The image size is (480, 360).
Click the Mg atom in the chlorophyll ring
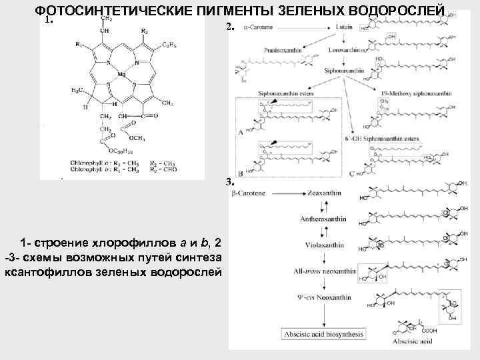pos(121,74)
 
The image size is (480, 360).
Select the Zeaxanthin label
pos(323,193)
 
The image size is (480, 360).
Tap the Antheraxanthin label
pos(323,218)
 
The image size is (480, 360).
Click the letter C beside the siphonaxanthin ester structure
pos(351,173)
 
